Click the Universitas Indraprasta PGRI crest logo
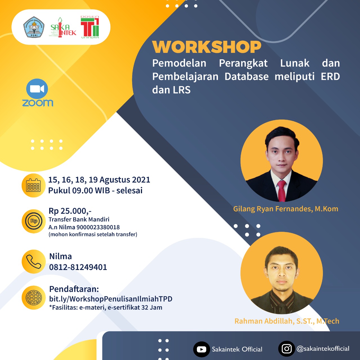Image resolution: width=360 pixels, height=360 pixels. (x=34, y=27)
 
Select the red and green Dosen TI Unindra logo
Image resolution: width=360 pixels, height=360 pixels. (x=90, y=27)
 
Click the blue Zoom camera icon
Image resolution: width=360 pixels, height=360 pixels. (x=37, y=89)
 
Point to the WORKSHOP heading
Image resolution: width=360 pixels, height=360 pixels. (x=207, y=47)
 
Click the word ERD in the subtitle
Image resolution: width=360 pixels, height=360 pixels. (x=330, y=76)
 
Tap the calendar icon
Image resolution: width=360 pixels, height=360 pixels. (x=33, y=185)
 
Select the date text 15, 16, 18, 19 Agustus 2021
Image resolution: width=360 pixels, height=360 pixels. (x=99, y=180)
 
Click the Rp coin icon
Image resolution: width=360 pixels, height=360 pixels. (x=34, y=221)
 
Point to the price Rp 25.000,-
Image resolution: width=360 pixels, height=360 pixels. (x=70, y=211)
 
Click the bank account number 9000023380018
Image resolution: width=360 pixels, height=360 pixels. (x=98, y=227)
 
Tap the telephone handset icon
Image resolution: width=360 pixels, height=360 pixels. (x=34, y=262)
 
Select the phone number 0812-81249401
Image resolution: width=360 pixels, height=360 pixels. (x=78, y=267)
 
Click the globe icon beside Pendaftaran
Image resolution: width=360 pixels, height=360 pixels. (x=34, y=298)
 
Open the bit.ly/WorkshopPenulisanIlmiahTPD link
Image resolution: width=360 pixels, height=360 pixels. (x=111, y=299)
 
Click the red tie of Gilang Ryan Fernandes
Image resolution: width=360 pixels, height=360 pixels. (x=282, y=191)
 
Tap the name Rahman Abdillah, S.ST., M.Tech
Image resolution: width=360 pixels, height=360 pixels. (x=287, y=321)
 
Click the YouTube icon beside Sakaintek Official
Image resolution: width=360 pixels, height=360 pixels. (x=202, y=349)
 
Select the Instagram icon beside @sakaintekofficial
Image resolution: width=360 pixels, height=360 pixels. (x=287, y=349)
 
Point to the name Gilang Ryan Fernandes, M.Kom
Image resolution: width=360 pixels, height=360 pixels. (x=286, y=209)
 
